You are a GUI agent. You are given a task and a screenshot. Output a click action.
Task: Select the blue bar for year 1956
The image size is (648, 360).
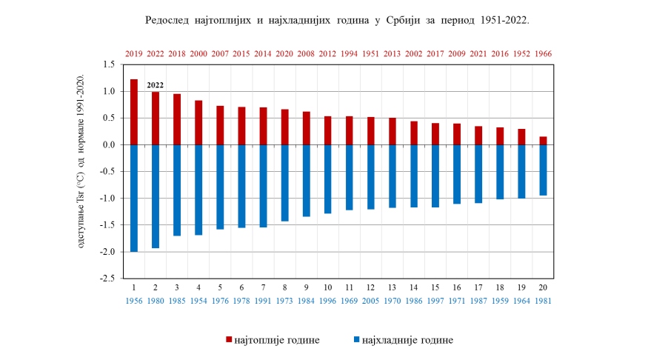pyautogui.click(x=134, y=198)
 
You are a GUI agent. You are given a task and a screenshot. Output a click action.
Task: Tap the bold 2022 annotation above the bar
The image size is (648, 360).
pyautogui.click(x=156, y=85)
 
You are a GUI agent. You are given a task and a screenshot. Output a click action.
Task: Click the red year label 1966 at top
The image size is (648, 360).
pyautogui.click(x=544, y=54)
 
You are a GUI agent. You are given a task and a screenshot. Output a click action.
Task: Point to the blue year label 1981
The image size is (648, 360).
pyautogui.click(x=544, y=301)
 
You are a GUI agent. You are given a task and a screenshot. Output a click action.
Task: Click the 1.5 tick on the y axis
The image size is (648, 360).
pyautogui.click(x=109, y=65)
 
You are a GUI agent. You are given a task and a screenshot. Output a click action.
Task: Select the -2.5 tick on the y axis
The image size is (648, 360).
pyautogui.click(x=107, y=279)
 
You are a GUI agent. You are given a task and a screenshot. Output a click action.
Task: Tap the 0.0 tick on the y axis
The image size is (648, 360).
pyautogui.click(x=109, y=145)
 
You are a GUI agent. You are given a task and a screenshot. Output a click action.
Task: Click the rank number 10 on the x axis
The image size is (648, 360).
pyautogui.click(x=327, y=287)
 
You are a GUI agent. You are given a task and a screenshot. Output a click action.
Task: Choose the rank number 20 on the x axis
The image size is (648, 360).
pyautogui.click(x=544, y=287)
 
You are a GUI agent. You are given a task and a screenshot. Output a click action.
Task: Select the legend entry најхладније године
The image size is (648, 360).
pyautogui.click(x=403, y=340)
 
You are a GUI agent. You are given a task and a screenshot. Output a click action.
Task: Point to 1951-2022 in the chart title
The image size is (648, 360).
pyautogui.click(x=502, y=20)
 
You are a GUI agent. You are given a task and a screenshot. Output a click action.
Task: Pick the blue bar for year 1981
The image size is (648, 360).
pyautogui.click(x=544, y=170)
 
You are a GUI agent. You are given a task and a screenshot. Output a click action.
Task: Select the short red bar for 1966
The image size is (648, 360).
pyautogui.click(x=544, y=141)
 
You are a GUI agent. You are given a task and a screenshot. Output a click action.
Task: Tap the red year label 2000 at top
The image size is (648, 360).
pyautogui.click(x=198, y=54)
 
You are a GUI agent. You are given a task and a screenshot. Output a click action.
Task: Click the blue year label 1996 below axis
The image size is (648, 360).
pyautogui.click(x=327, y=301)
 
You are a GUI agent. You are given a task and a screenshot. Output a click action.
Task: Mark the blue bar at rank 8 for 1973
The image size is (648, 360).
pyautogui.click(x=284, y=183)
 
